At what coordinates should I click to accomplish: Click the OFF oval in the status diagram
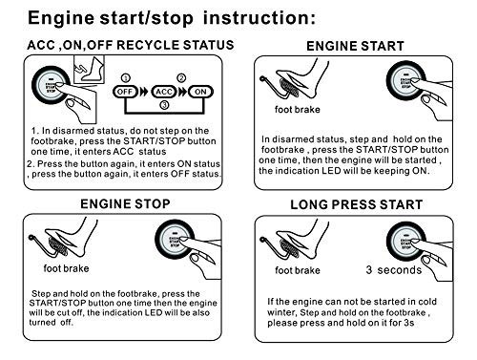(125, 92)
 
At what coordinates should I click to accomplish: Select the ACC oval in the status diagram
(164, 92)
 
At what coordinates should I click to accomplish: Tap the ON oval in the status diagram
(200, 92)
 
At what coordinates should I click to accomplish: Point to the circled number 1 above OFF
(126, 78)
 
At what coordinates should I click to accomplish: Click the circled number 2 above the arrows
(181, 78)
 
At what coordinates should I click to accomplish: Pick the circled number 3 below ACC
(164, 105)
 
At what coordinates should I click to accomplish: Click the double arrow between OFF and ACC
(144, 92)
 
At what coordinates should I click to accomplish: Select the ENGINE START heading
(355, 46)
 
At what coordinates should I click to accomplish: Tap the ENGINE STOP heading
(125, 204)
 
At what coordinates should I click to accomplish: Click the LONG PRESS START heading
(357, 204)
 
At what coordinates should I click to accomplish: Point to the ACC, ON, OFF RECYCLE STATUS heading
(131, 45)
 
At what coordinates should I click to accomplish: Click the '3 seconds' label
(394, 270)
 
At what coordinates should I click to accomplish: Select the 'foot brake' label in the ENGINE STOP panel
(66, 268)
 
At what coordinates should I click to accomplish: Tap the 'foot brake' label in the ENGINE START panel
(298, 110)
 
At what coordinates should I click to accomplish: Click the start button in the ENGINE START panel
(406, 81)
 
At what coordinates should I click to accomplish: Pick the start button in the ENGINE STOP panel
(175, 240)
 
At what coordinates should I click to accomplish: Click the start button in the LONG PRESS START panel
(406, 242)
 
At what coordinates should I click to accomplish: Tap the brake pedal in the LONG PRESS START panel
(288, 247)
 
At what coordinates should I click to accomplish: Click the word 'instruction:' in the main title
(259, 18)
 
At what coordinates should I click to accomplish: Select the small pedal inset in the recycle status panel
(89, 70)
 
